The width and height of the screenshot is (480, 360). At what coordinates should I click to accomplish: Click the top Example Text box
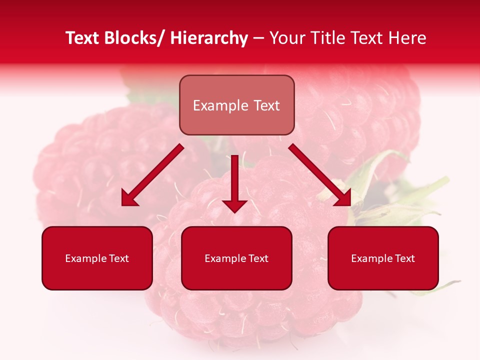236,105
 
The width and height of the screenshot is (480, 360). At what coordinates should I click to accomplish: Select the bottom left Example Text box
97,258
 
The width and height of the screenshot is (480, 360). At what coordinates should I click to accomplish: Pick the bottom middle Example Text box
236,258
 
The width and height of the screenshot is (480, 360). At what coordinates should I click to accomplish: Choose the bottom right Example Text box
383,258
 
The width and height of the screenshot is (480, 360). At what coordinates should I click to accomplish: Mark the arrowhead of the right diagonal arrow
343,199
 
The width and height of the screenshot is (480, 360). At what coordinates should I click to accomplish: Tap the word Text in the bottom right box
404,258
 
